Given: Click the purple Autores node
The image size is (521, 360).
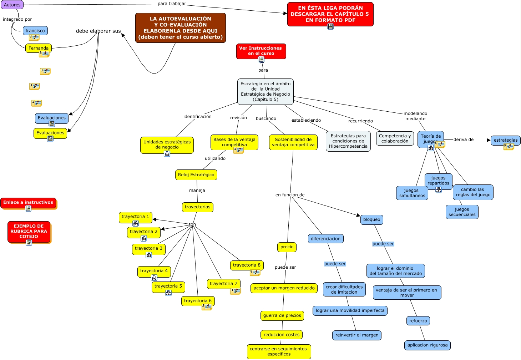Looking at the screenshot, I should point(12,5).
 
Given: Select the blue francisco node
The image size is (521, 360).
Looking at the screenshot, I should point(35,31).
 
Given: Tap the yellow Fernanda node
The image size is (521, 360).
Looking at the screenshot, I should point(39,48).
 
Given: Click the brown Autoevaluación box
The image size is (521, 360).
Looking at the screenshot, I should point(180,28).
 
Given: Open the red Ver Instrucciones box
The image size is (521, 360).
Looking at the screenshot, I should point(261,51).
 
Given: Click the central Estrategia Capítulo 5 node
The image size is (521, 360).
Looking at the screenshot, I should point(265,92).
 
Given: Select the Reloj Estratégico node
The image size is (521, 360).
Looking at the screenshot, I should point(196,175).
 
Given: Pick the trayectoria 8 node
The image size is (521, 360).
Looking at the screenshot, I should point(247,265).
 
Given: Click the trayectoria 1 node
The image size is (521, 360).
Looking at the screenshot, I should point(135,217).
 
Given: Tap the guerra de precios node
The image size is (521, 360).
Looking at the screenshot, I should point(282,315).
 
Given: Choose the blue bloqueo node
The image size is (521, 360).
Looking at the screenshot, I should point(371,219).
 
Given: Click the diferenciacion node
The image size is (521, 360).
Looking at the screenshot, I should point(325,239).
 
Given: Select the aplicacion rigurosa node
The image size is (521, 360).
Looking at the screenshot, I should point(428,345).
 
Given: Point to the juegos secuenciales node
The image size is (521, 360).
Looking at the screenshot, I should point(462,212).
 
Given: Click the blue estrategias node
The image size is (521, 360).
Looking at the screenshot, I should point(505,140).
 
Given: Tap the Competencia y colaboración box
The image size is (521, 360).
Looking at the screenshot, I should point(395,138).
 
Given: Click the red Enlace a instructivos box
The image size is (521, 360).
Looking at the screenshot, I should point(28,203).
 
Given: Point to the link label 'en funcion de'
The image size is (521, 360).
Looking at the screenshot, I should point(290,195).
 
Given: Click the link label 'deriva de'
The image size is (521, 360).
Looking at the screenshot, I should point(464,140).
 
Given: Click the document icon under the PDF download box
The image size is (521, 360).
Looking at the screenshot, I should point(330,26).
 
